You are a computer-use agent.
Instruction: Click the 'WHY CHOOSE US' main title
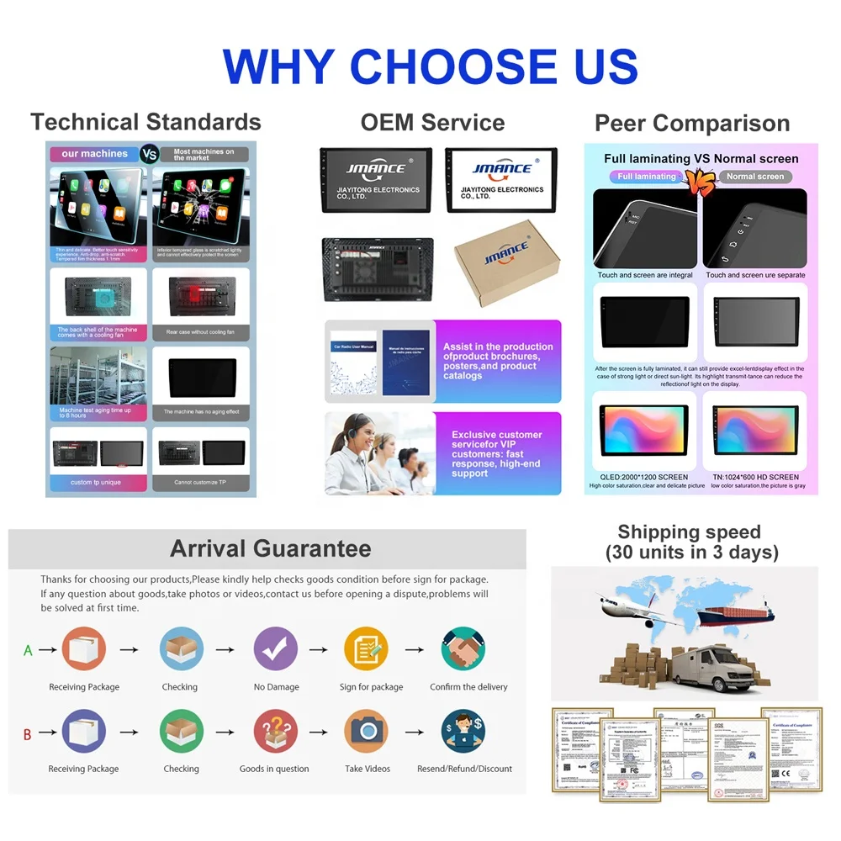click(x=430, y=66)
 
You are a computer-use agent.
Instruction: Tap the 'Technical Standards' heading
click(x=145, y=122)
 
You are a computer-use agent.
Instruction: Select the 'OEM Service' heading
click(x=432, y=122)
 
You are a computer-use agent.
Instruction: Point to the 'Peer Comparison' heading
click(x=692, y=124)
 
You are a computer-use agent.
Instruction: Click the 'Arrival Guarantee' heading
click(x=270, y=549)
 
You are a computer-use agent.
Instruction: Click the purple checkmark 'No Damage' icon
click(x=275, y=649)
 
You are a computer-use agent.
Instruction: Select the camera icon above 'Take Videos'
click(x=366, y=731)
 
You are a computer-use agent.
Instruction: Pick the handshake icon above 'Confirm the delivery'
click(x=463, y=649)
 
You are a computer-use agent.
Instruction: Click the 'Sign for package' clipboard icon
click(x=366, y=649)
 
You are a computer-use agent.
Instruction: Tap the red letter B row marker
click(x=27, y=735)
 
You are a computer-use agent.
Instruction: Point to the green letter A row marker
click(x=28, y=650)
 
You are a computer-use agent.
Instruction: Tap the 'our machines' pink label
click(x=94, y=154)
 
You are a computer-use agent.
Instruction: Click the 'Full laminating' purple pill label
click(x=646, y=177)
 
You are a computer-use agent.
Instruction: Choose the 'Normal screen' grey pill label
click(x=754, y=177)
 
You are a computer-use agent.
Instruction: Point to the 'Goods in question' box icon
click(x=275, y=731)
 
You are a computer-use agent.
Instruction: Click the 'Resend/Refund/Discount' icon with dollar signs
click(x=463, y=731)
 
